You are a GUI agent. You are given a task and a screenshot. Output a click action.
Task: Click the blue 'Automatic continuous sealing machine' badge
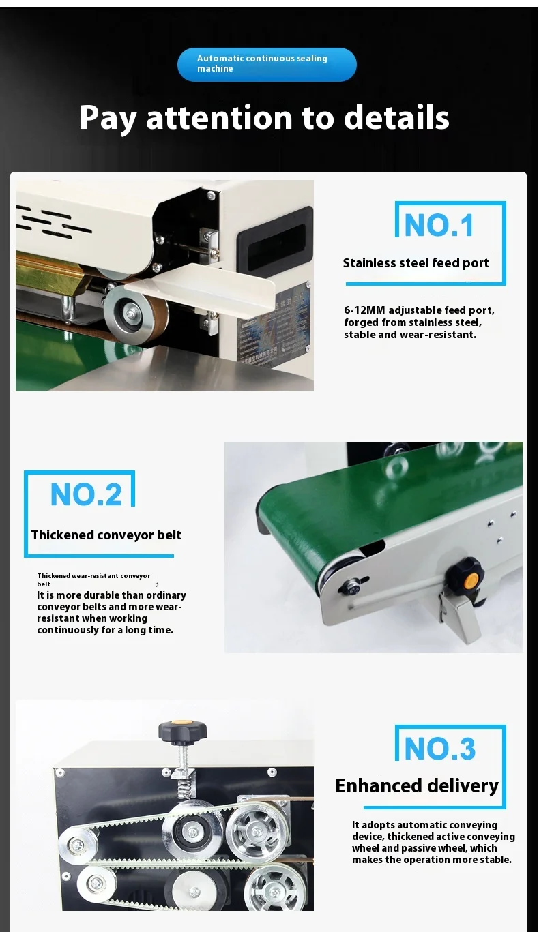(x=267, y=65)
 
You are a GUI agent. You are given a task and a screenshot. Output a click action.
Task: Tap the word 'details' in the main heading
(x=396, y=118)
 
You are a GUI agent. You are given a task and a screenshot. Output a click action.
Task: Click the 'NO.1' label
(x=439, y=225)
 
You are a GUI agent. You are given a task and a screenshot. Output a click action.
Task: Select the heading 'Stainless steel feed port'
(x=416, y=263)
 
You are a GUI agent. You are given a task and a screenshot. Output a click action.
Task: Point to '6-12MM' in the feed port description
(x=364, y=310)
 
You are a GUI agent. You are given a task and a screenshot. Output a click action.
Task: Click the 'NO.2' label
(x=86, y=495)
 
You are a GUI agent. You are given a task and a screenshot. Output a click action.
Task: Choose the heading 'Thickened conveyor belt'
(x=106, y=535)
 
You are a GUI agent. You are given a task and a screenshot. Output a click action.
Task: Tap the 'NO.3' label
(x=439, y=749)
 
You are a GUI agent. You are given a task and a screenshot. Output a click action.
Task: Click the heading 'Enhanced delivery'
(x=417, y=786)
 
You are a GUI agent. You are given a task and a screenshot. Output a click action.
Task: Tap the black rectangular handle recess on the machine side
(x=275, y=239)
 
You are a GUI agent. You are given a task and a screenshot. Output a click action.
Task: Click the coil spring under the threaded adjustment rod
(x=183, y=789)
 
